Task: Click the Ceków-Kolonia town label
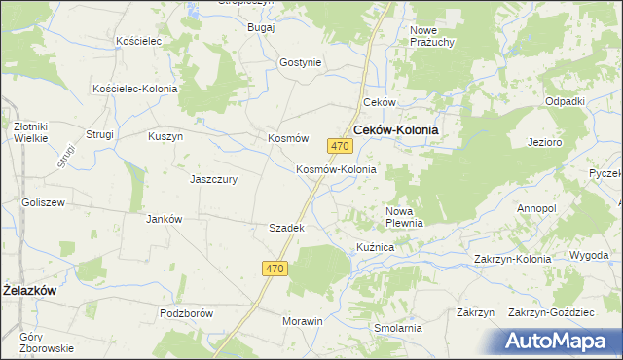tap(395, 129)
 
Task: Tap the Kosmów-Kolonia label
tap(336, 169)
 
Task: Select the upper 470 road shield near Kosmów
tap(339, 146)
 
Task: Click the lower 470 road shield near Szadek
tap(275, 268)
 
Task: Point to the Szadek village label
tap(287, 228)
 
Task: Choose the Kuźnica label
tap(375, 248)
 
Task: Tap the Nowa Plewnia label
tap(404, 216)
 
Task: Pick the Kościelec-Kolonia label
tap(134, 89)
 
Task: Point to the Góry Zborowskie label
tap(46, 342)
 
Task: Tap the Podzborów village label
tap(186, 313)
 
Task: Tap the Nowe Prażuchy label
tap(432, 37)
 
